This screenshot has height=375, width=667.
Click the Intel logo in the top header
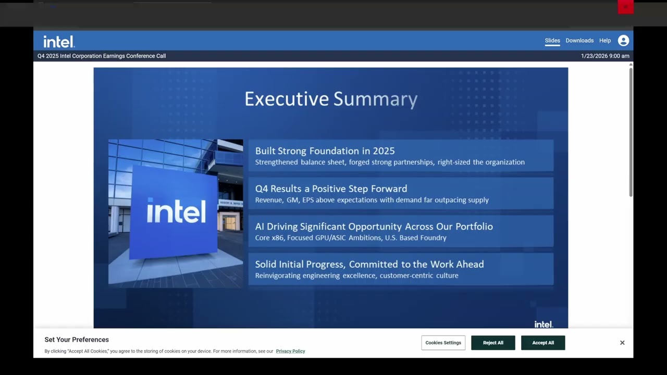point(59,41)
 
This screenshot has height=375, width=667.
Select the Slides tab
point(552,41)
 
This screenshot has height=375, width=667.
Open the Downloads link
point(579,41)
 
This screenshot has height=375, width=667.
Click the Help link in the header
point(604,41)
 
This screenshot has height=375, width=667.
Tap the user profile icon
point(623,41)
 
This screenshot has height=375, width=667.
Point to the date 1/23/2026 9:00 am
point(605,56)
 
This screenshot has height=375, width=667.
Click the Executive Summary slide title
point(331,99)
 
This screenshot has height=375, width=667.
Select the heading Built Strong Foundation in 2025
point(325,151)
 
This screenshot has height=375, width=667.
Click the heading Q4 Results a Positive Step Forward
point(331,189)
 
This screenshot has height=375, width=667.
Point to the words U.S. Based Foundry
point(423,238)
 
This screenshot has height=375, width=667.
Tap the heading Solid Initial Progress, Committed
point(369,264)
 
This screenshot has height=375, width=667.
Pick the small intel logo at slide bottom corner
point(543,324)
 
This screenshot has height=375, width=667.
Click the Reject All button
point(493,343)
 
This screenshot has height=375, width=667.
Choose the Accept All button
point(543,343)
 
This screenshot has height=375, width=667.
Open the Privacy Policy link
point(290,351)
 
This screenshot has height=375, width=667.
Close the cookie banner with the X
point(622,343)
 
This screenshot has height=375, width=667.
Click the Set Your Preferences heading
point(77,340)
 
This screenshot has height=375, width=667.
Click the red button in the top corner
point(625,7)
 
